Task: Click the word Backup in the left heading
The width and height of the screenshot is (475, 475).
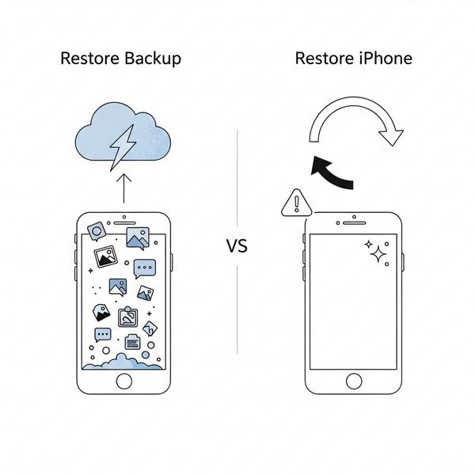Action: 153,59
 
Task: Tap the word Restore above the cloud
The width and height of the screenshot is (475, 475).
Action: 89,59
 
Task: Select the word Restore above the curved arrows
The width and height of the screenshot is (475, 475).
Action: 322,59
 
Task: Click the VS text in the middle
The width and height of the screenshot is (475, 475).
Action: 237,246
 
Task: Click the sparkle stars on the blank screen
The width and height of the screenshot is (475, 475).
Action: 377,252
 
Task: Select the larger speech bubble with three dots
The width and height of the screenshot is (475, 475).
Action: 145,268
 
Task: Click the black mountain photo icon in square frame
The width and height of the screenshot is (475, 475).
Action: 106,256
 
